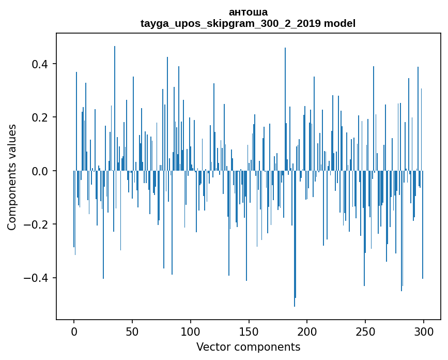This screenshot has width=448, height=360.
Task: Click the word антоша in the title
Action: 248,12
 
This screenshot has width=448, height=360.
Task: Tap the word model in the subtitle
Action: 339,23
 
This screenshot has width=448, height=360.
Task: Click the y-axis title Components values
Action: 12,177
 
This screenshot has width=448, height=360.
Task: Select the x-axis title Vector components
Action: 248,347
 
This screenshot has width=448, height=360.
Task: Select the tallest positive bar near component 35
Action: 115,103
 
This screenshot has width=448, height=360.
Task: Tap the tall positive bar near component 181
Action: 285,103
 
